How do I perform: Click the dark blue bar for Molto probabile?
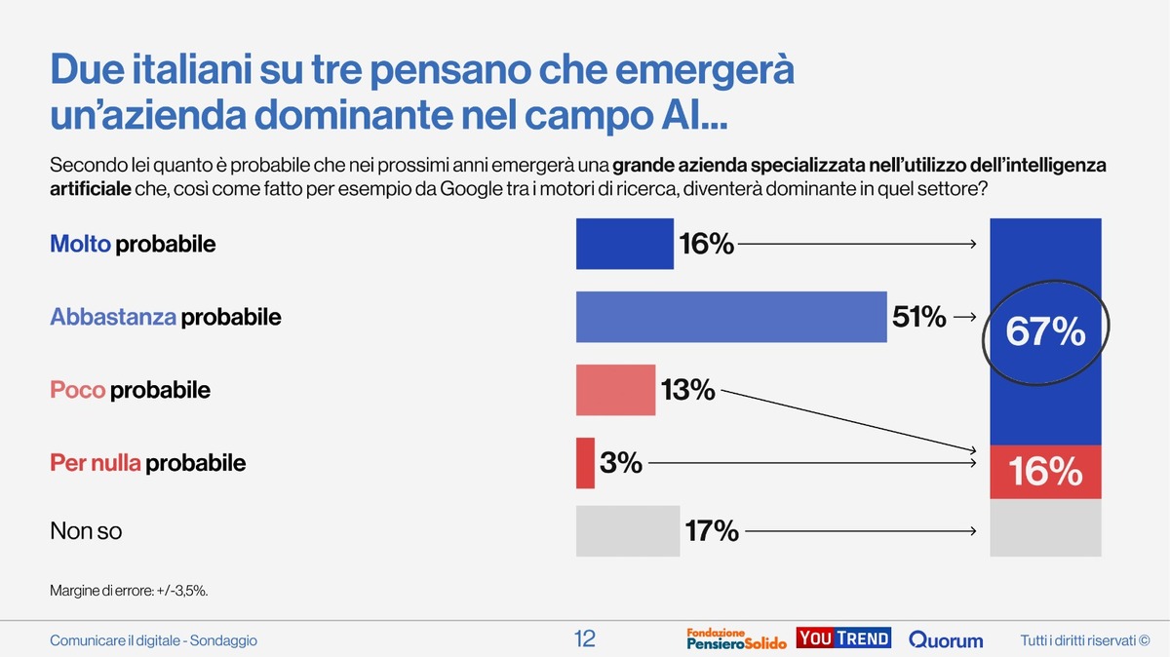[x=625, y=244]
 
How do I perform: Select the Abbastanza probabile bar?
[x=731, y=317]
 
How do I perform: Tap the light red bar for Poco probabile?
[x=615, y=390]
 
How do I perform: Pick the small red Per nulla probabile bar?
[x=585, y=463]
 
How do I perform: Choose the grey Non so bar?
[x=628, y=531]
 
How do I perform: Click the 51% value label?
[x=918, y=317]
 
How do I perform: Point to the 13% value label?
[x=687, y=391]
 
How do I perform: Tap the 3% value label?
[x=621, y=463]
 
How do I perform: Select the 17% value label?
[x=711, y=531]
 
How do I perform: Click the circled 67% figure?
[x=1045, y=333]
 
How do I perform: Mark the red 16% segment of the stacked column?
[x=1045, y=473]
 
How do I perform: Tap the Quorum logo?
[x=946, y=640]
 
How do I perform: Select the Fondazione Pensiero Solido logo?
[x=736, y=639]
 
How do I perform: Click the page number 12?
[x=584, y=639]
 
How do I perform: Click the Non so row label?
[x=86, y=531]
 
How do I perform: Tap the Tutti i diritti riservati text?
[x=1085, y=640]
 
